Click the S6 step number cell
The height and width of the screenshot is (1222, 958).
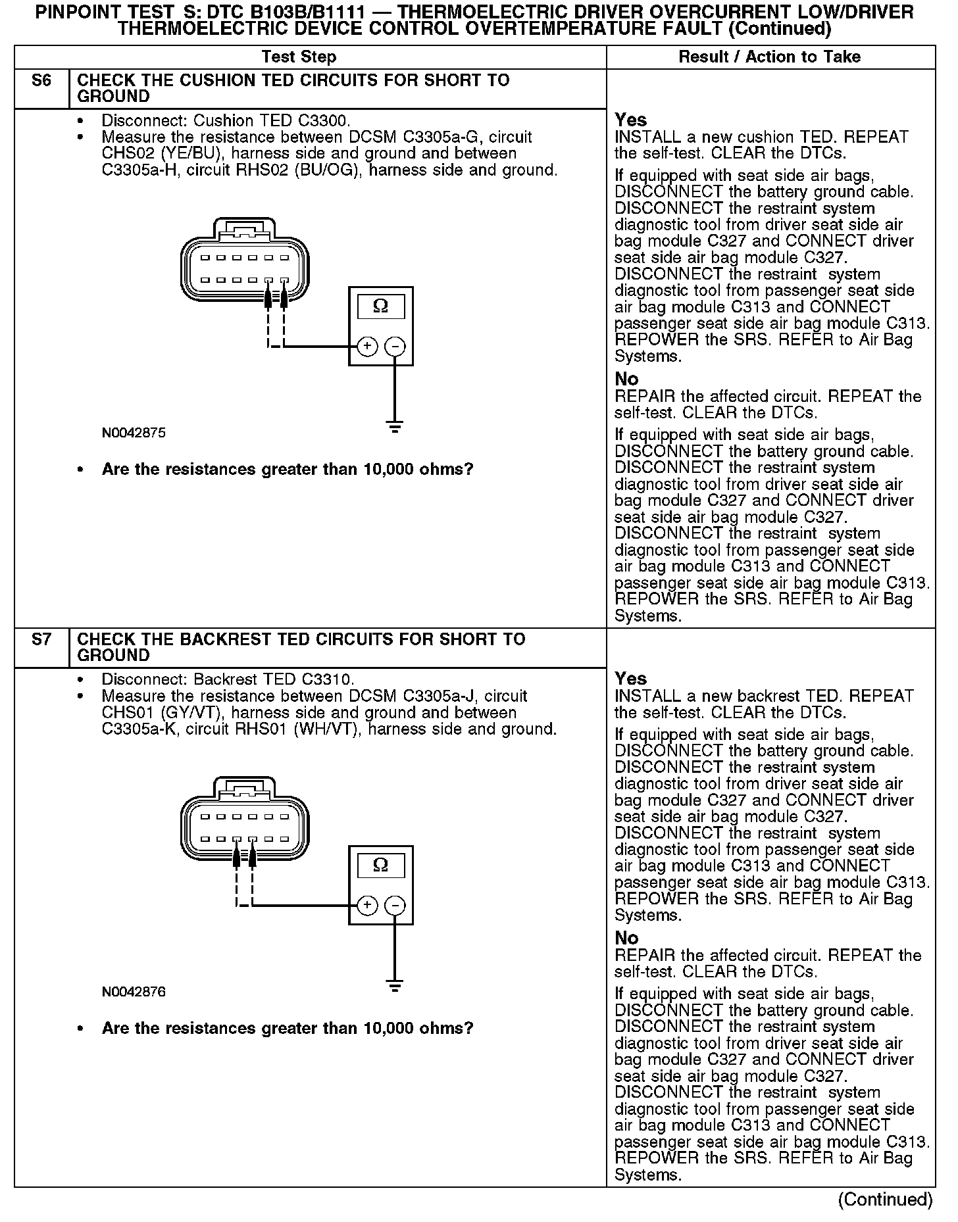pyautogui.click(x=41, y=81)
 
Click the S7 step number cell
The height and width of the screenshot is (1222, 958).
pyautogui.click(x=41, y=639)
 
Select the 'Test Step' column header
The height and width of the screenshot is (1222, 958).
pyautogui.click(x=299, y=57)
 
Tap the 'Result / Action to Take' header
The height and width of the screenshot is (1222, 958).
pyautogui.click(x=769, y=57)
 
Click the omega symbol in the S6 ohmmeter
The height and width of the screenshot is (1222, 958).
pyautogui.click(x=380, y=306)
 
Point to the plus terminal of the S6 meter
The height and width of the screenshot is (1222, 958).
pyautogui.click(x=366, y=346)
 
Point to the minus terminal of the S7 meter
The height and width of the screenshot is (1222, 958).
pyautogui.click(x=395, y=906)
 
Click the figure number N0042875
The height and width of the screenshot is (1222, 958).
pyautogui.click(x=134, y=433)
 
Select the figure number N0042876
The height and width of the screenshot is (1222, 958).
pyautogui.click(x=134, y=992)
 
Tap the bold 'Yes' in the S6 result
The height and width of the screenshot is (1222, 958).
pyautogui.click(x=630, y=120)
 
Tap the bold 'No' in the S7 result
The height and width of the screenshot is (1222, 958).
pyautogui.click(x=626, y=937)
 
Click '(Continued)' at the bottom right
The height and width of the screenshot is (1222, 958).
pyautogui.click(x=885, y=1200)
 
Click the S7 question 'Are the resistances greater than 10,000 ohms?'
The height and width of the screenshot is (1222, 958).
pyautogui.click(x=288, y=1029)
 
